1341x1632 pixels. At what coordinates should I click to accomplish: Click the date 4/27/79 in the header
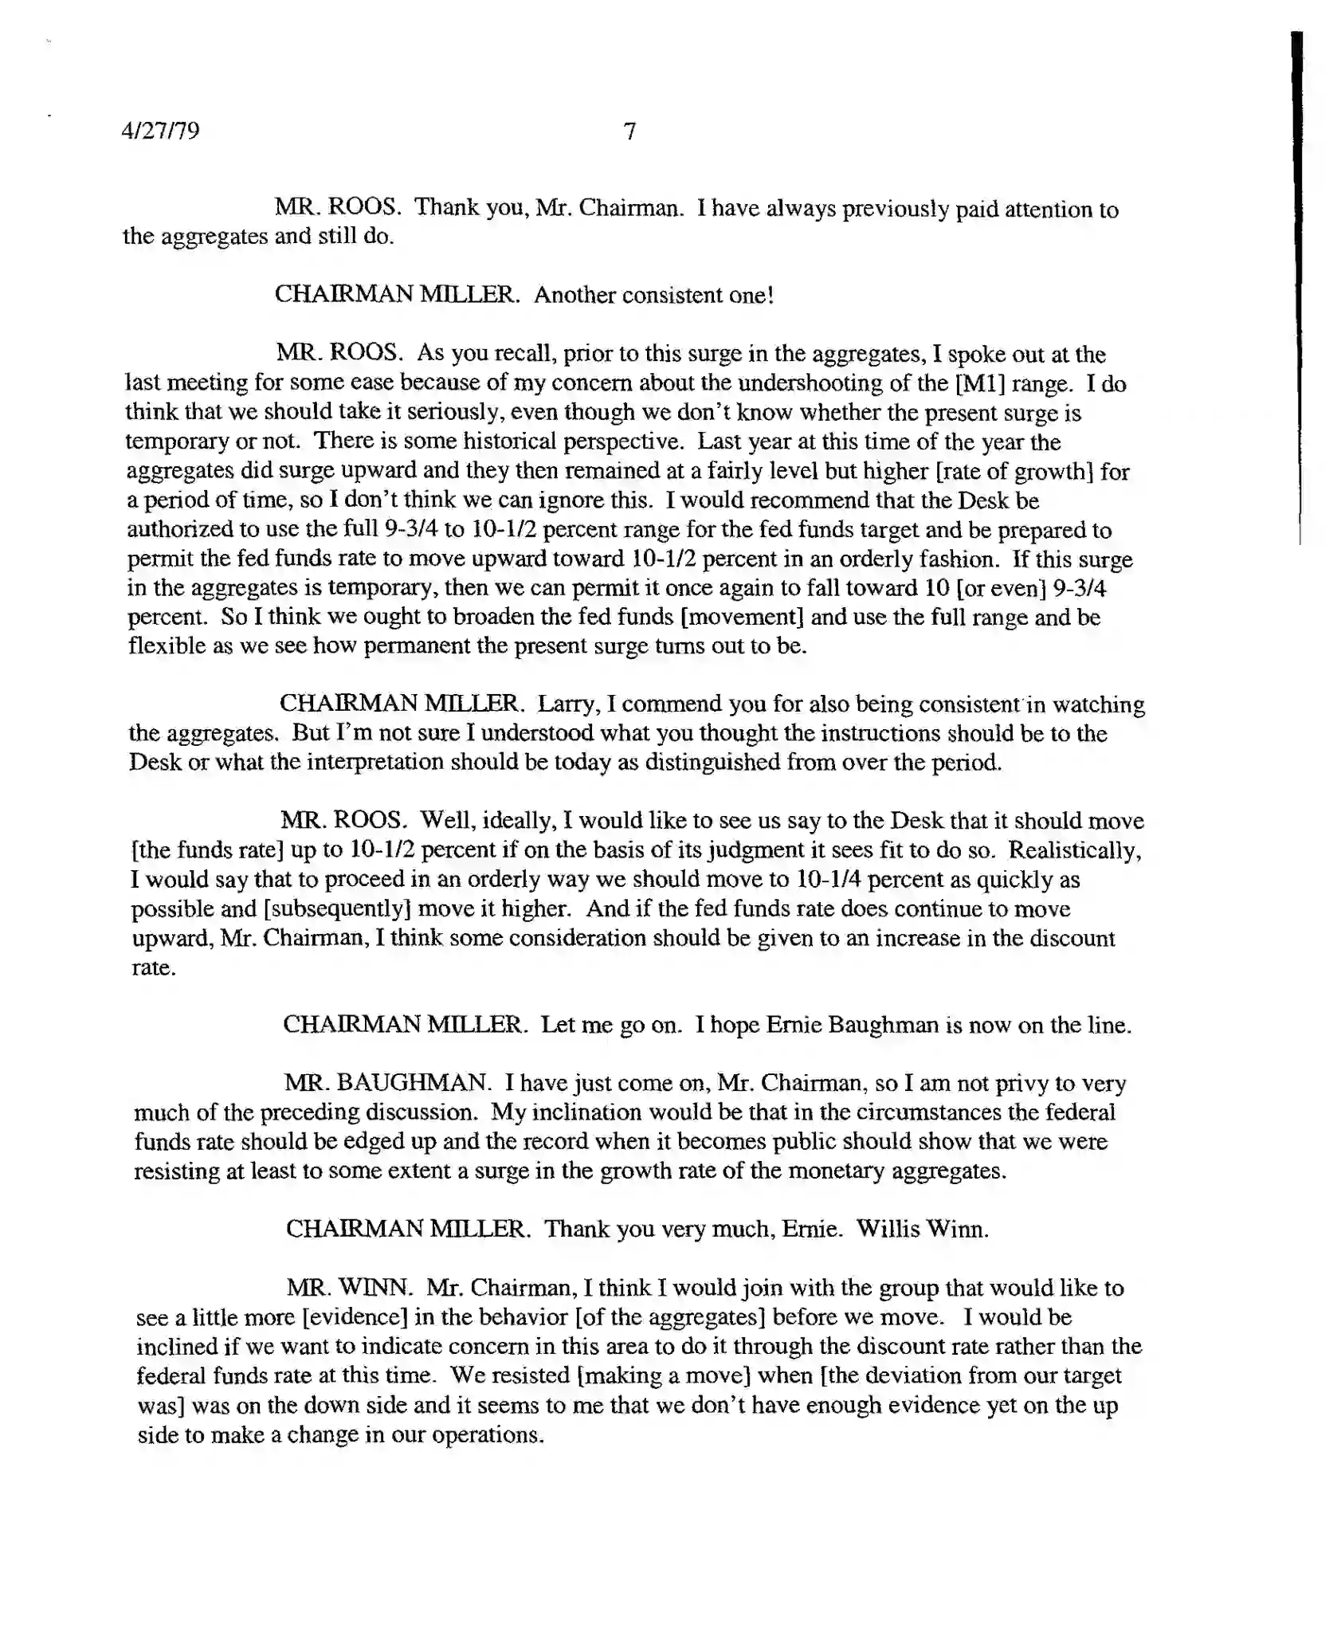point(160,131)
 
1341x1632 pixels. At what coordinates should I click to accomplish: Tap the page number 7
point(629,131)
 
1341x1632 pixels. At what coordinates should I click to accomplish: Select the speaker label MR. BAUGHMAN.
point(387,1083)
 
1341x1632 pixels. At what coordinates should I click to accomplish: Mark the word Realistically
point(1075,850)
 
